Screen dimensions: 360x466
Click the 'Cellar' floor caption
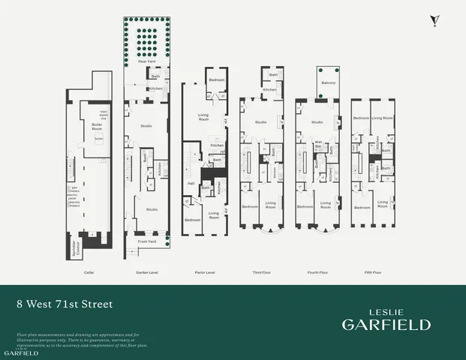[x=89, y=271]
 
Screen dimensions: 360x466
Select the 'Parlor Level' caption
[x=205, y=271]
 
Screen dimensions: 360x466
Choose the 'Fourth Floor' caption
[x=318, y=271]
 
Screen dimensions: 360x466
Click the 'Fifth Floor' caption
[x=372, y=271]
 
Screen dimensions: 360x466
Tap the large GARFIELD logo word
[x=386, y=324]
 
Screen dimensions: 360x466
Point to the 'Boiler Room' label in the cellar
[x=97, y=125]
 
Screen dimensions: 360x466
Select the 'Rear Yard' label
[x=146, y=61]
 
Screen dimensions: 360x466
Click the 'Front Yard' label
[x=146, y=241]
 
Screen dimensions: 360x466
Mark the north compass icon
[x=433, y=20]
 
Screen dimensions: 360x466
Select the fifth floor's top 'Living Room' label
[x=383, y=118]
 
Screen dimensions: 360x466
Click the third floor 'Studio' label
[x=260, y=121]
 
